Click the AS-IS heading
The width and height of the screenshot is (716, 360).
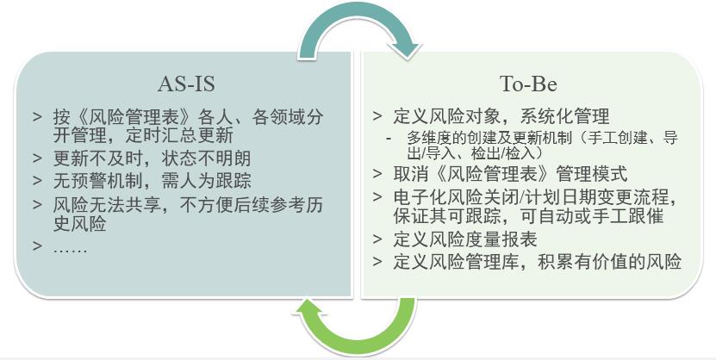click(x=186, y=84)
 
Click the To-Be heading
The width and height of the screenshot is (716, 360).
click(x=528, y=84)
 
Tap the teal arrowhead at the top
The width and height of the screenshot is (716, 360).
click(x=407, y=49)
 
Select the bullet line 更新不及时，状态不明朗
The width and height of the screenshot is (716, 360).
click(x=152, y=158)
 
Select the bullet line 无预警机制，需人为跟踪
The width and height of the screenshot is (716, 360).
click(x=152, y=180)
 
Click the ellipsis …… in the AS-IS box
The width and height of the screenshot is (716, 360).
click(x=70, y=248)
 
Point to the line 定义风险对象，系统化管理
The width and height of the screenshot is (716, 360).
click(x=501, y=116)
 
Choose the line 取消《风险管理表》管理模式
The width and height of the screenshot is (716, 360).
click(x=510, y=174)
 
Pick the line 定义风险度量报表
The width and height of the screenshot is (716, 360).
click(x=465, y=239)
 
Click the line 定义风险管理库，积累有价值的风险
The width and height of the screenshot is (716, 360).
click(x=538, y=262)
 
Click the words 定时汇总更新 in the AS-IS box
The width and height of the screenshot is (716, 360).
click(x=179, y=135)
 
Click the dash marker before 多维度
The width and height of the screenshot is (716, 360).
click(x=389, y=139)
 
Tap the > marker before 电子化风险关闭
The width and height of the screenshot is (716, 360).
click(x=377, y=197)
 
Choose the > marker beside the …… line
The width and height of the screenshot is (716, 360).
click(x=37, y=246)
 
